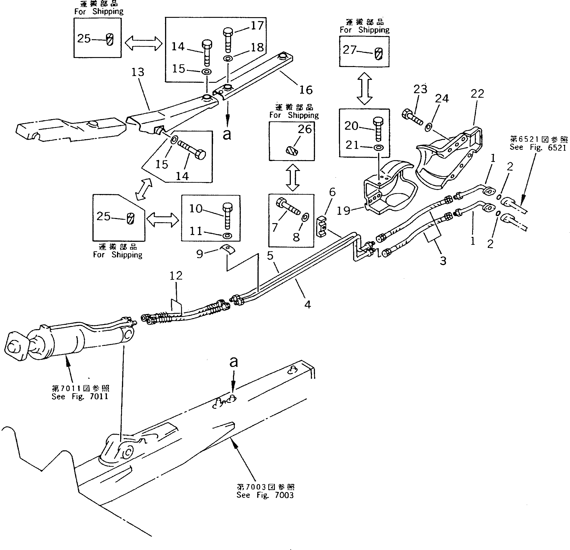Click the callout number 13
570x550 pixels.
pyautogui.click(x=138, y=72)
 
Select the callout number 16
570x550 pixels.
pyautogui.click(x=306, y=90)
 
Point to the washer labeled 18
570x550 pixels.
pyautogui.click(x=228, y=59)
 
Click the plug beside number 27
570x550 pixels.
pyautogui.click(x=379, y=54)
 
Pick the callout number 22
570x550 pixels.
pyautogui.click(x=477, y=94)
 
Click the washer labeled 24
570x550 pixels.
pyautogui.click(x=429, y=127)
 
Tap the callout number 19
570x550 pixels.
pyautogui.click(x=343, y=210)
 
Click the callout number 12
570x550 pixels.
pyautogui.click(x=176, y=276)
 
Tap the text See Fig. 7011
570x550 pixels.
pyautogui.click(x=80, y=396)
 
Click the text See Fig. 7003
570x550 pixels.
pyautogui.click(x=265, y=495)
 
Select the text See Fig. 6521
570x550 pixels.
pyautogui.click(x=538, y=147)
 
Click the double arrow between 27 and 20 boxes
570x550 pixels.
pyautogui.click(x=364, y=88)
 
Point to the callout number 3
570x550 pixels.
pyautogui.click(x=443, y=261)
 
